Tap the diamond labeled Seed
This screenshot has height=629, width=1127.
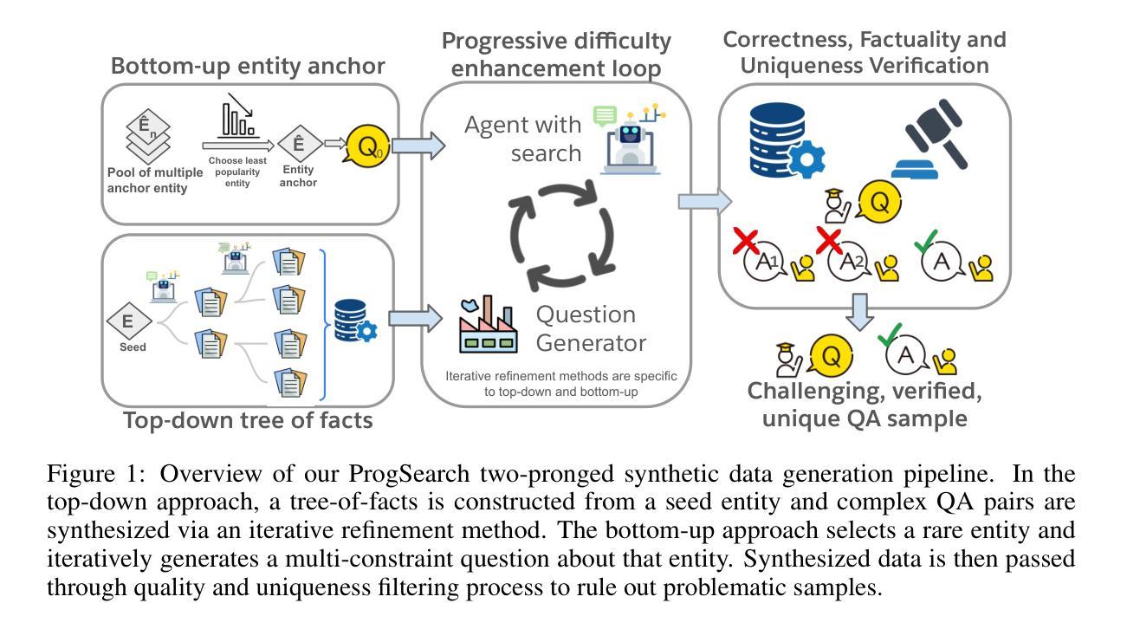(x=127, y=321)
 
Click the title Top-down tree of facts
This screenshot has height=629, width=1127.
(x=248, y=421)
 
